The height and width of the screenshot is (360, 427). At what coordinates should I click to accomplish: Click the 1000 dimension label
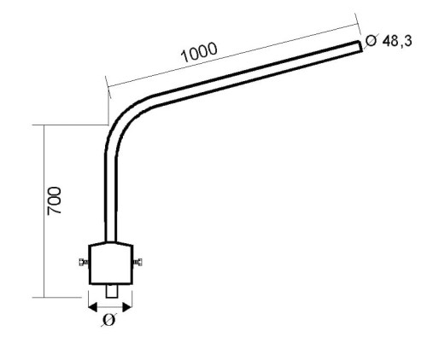[x=199, y=52]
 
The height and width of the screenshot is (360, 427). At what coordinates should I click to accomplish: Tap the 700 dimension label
[x=54, y=200]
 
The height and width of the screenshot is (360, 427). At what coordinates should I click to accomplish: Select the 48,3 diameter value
[x=397, y=41]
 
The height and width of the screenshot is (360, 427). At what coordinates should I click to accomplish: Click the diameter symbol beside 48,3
[x=371, y=41]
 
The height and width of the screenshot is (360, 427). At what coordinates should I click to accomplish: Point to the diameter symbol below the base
[x=108, y=320]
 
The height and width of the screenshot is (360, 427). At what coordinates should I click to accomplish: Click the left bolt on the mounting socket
[x=84, y=262]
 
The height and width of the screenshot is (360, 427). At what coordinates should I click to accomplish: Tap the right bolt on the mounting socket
[x=137, y=262]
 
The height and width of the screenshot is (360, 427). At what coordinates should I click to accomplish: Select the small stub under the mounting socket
[x=111, y=291]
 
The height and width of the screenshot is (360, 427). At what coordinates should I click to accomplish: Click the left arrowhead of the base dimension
[x=93, y=307]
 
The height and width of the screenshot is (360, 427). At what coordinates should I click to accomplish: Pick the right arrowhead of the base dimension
[x=127, y=307]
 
